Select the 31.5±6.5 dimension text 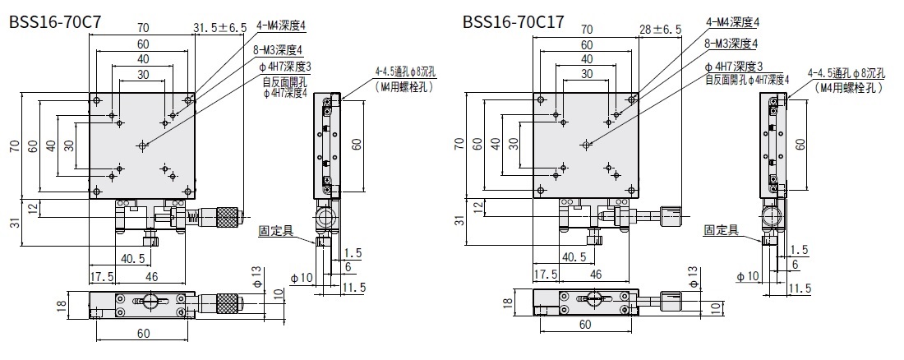coord(219,29)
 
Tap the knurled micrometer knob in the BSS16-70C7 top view coord(228,217)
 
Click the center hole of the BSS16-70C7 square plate coord(143,145)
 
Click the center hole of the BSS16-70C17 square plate coord(586,145)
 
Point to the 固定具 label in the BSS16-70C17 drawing coord(720,231)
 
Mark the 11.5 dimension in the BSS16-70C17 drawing coord(800,288)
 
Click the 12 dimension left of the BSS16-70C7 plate coord(31,209)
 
